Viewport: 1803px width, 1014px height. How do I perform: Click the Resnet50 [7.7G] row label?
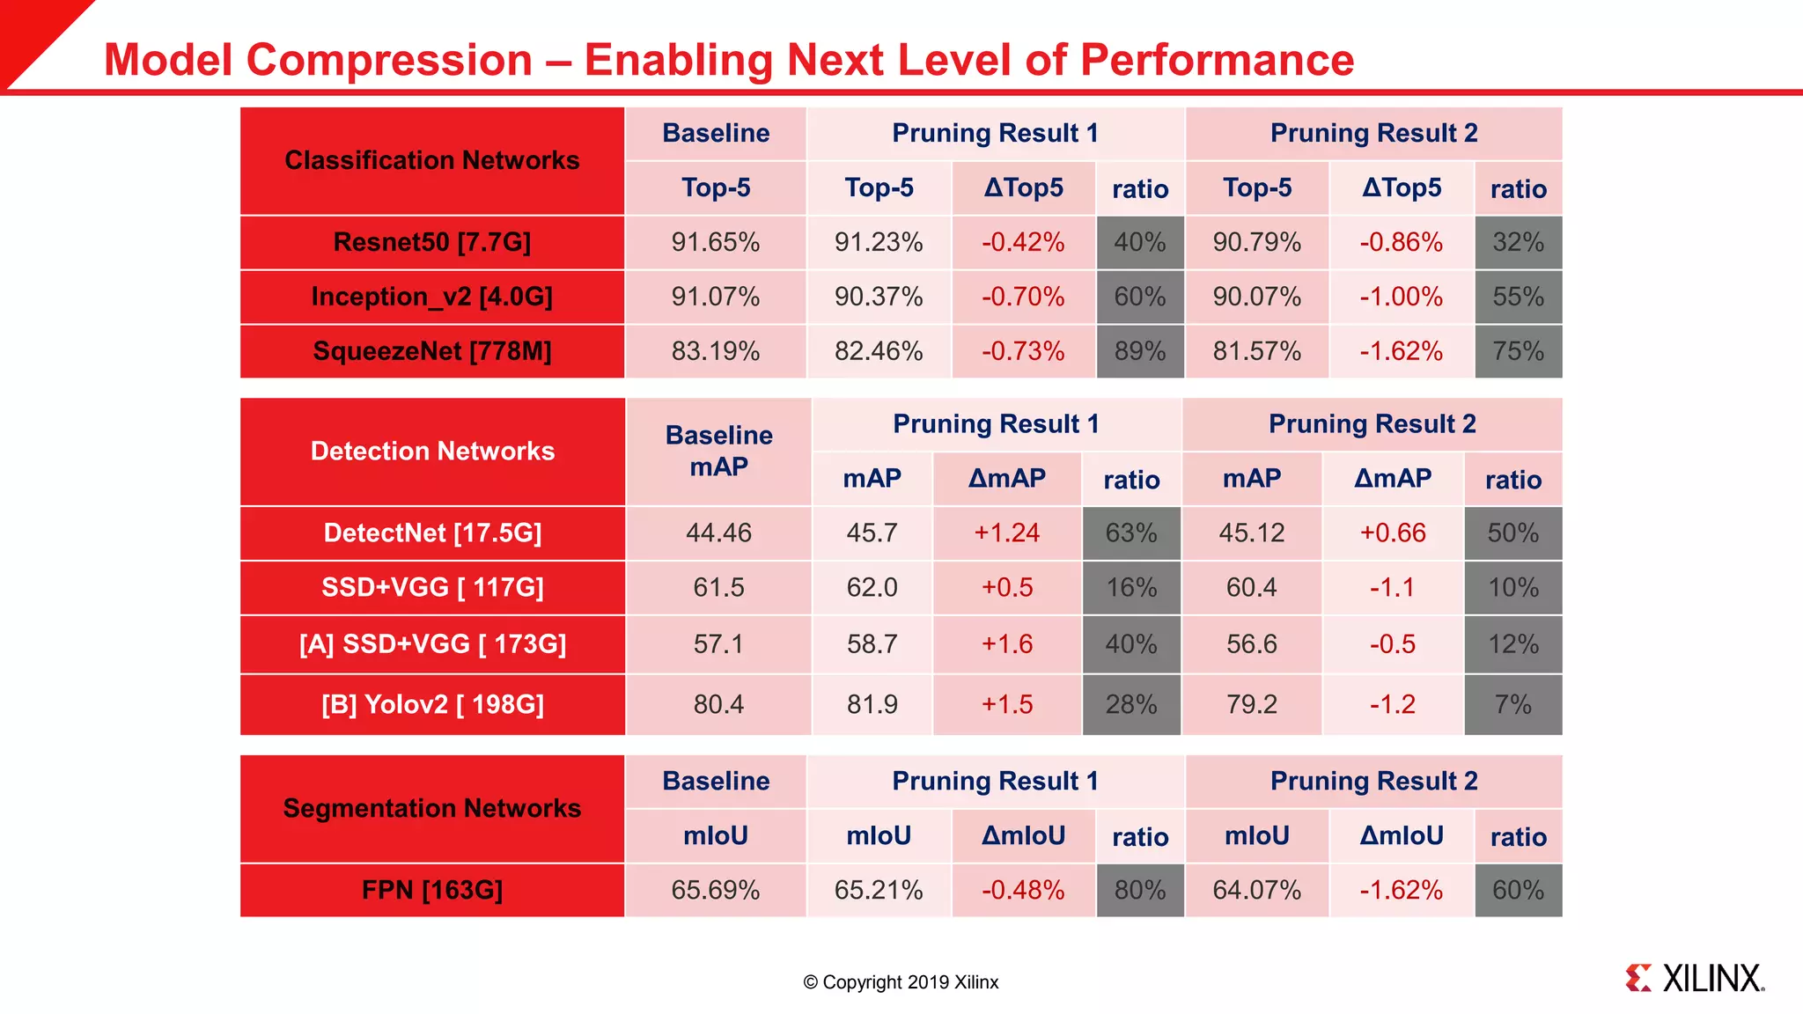pyautogui.click(x=431, y=242)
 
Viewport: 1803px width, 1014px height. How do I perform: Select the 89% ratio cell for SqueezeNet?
pyautogui.click(x=1140, y=351)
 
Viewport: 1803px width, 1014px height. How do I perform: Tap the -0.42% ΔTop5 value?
pyautogui.click(x=1023, y=242)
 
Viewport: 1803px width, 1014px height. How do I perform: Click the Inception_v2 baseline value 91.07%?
pyautogui.click(x=715, y=297)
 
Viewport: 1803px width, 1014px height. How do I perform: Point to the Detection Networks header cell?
pyautogui.click(x=431, y=452)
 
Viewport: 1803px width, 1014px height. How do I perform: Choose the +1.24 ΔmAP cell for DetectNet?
pyautogui.click(x=1006, y=533)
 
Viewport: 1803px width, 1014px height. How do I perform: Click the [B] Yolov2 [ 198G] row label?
pyautogui.click(x=431, y=704)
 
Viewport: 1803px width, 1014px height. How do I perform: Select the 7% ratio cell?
pyautogui.click(x=1512, y=704)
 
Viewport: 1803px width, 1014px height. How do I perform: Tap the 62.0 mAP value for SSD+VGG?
pyautogui.click(x=872, y=587)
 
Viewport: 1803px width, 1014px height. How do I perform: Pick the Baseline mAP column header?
pyautogui.click(x=718, y=451)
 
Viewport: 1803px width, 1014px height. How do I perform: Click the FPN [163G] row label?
pyautogui.click(x=431, y=890)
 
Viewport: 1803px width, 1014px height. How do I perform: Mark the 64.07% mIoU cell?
pyautogui.click(x=1256, y=890)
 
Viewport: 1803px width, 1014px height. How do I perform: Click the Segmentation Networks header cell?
pyautogui.click(x=431, y=808)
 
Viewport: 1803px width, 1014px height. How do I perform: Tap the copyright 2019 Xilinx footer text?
pyautogui.click(x=901, y=982)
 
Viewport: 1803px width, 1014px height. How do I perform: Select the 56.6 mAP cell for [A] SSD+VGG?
pyautogui.click(x=1251, y=643)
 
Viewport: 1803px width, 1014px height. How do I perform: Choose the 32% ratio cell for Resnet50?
pyautogui.click(x=1518, y=242)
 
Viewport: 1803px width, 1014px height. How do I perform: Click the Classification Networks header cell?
pyautogui.click(x=431, y=160)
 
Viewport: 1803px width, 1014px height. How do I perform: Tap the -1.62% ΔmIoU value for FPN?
pyautogui.click(x=1401, y=890)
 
